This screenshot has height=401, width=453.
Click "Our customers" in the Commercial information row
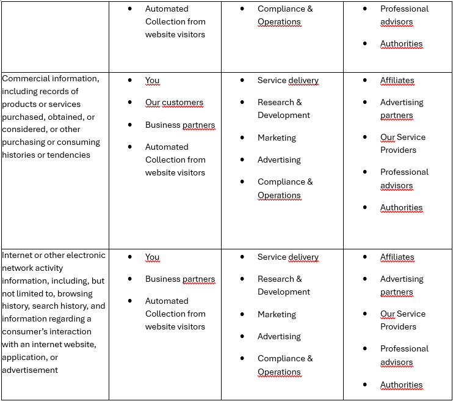pyautogui.click(x=174, y=103)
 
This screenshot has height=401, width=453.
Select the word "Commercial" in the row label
pyautogui.click(x=27, y=78)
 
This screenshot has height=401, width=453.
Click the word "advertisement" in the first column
pyautogui.click(x=30, y=370)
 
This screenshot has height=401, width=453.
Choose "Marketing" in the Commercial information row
pyautogui.click(x=277, y=138)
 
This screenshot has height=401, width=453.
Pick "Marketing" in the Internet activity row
pyautogui.click(x=277, y=314)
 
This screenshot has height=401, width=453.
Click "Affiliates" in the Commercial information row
pyautogui.click(x=397, y=80)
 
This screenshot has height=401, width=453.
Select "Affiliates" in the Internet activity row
pyautogui.click(x=397, y=257)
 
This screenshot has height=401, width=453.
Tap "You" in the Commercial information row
pyautogui.click(x=152, y=80)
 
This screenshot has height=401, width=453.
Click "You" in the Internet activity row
pyautogui.click(x=152, y=257)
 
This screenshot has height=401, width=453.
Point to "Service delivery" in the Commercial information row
pyautogui.click(x=288, y=80)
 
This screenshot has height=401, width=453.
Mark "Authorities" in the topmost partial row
pyautogui.click(x=401, y=43)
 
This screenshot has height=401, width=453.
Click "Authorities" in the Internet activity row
pyautogui.click(x=401, y=384)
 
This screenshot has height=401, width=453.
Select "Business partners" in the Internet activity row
pyautogui.click(x=179, y=279)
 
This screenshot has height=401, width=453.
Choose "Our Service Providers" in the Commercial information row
pyautogui.click(x=402, y=144)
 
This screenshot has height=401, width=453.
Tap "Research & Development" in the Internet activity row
pyautogui.click(x=283, y=285)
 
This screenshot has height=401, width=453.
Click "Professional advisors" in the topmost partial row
pyautogui.click(x=404, y=15)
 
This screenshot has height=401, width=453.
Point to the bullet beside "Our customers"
pyautogui.click(x=130, y=103)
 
